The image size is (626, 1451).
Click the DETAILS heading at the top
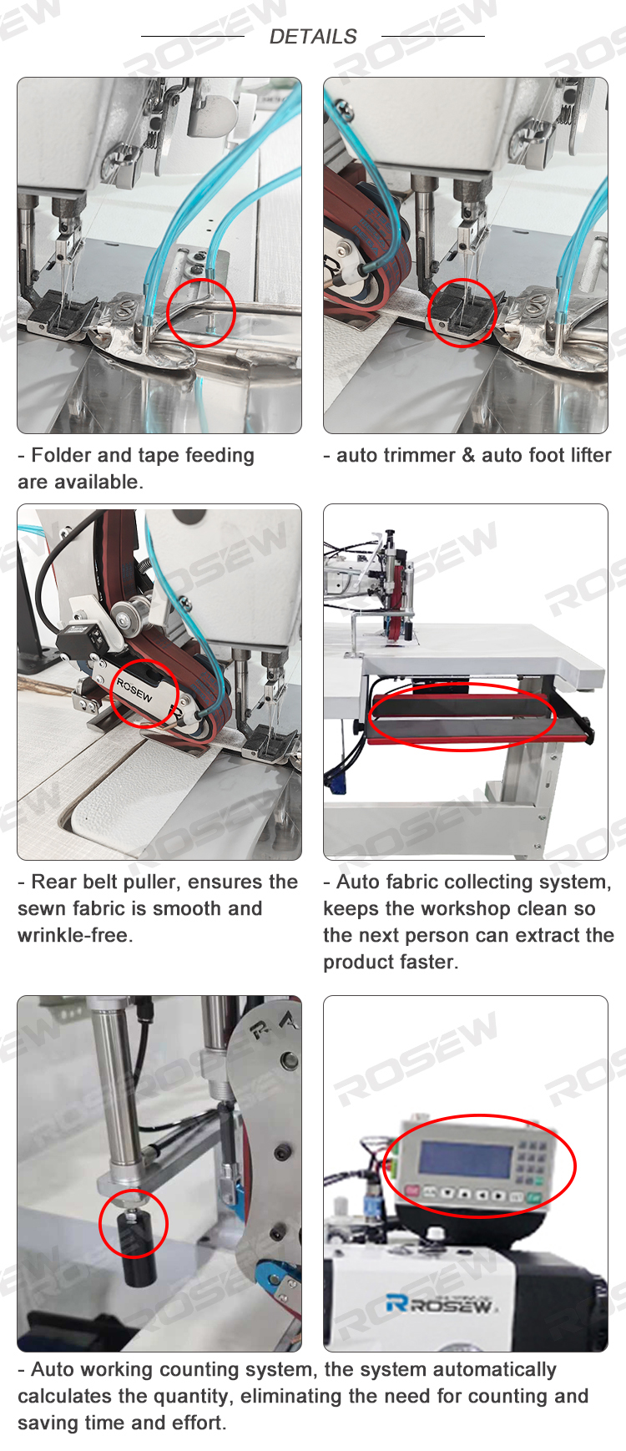[313, 37]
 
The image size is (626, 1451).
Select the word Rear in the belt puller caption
[52, 882]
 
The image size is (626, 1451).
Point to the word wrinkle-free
[75, 935]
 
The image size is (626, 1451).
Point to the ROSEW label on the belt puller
[134, 690]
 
